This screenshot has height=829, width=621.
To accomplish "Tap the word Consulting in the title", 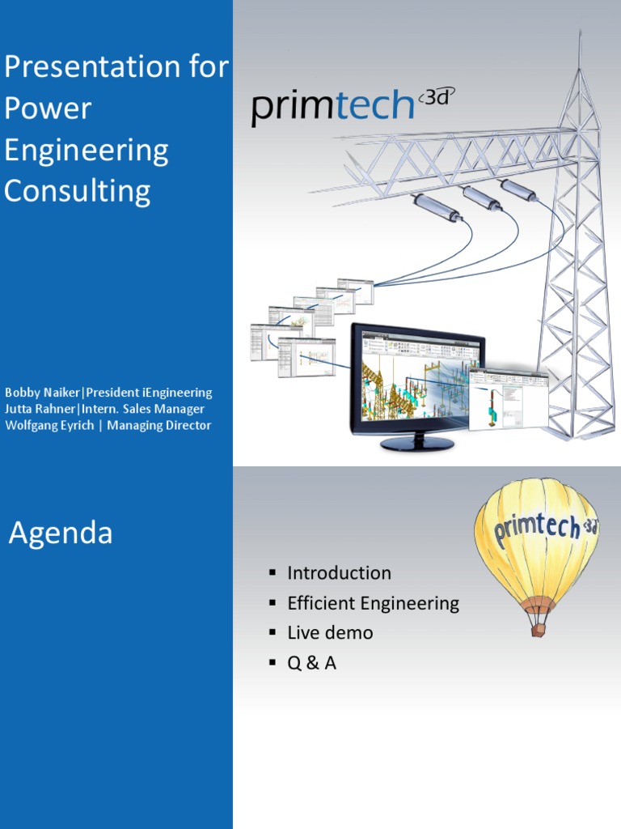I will point(78,192).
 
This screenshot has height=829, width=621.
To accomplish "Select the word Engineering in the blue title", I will point(87,151).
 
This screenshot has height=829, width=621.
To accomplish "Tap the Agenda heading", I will point(61,534).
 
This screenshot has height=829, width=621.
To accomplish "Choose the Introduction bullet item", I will point(339,573).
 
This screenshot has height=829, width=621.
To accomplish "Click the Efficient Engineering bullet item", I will point(373,603).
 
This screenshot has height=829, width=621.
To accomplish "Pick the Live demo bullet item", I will point(330,633).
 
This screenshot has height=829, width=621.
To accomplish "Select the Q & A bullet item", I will point(311,663).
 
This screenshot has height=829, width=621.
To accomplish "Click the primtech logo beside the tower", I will point(333,108).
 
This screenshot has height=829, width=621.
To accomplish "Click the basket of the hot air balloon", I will point(539,629).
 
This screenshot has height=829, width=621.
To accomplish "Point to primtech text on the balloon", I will point(535,528).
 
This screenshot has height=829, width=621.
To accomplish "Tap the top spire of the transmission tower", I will point(580,49).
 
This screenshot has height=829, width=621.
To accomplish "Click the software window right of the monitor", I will point(508,398).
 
